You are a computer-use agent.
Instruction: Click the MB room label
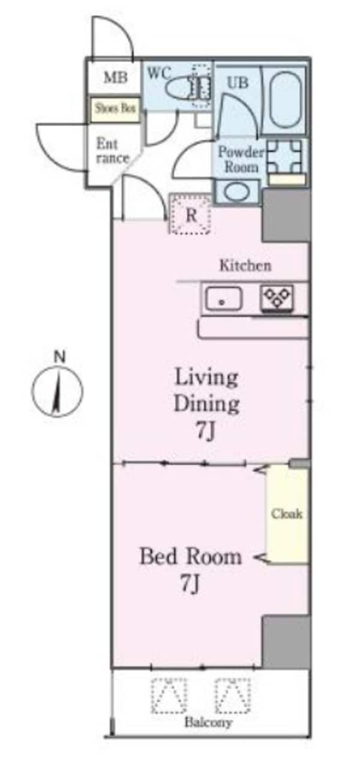[x=116, y=77]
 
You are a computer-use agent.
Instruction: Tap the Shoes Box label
[x=115, y=109]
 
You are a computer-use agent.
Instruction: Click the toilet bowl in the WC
[x=180, y=87]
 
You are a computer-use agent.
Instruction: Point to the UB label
[x=238, y=83]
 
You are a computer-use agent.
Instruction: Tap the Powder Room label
[x=241, y=160]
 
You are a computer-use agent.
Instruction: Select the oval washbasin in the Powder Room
[x=238, y=192]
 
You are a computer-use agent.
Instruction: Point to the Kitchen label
[x=245, y=265]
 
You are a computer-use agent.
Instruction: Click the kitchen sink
[x=223, y=298]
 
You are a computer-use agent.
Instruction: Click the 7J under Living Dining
[x=205, y=431]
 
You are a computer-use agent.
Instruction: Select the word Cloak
[x=287, y=514]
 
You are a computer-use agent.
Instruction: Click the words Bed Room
[x=191, y=556]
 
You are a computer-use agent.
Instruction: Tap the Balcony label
[x=208, y=723]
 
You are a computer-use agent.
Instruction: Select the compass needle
[x=57, y=394]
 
